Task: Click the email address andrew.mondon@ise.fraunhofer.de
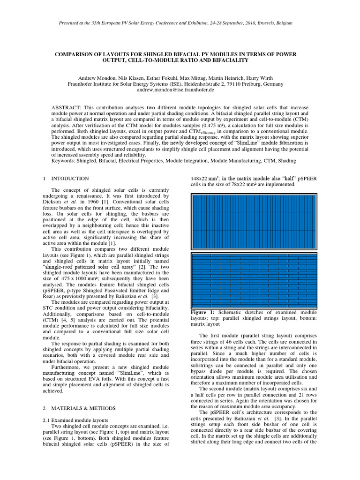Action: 180,90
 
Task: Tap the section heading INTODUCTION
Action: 70,179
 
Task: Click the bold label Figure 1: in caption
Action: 202,312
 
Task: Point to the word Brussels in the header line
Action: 263,23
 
